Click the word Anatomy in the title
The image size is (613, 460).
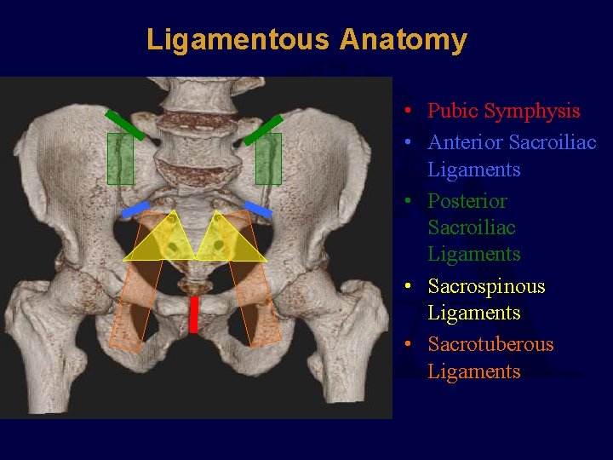pos(404,40)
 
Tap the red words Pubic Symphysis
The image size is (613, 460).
pos(503,111)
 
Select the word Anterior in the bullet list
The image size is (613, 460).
pos(464,142)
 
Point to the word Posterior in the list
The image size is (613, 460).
pos(467,201)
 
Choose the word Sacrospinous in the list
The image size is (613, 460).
pos(486,286)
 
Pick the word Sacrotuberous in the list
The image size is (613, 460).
pos(490,344)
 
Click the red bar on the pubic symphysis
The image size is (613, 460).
pos(193,314)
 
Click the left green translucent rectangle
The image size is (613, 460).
pos(120,159)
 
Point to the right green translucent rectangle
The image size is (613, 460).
pos(268,159)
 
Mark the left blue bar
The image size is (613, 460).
pos(135,209)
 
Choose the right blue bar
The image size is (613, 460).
pos(258,208)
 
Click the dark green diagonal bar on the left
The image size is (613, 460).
pos(124,124)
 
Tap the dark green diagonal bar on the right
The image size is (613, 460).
pos(263,129)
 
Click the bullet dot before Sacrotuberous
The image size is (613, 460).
pos(410,344)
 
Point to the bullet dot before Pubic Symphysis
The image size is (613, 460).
pos(410,111)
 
